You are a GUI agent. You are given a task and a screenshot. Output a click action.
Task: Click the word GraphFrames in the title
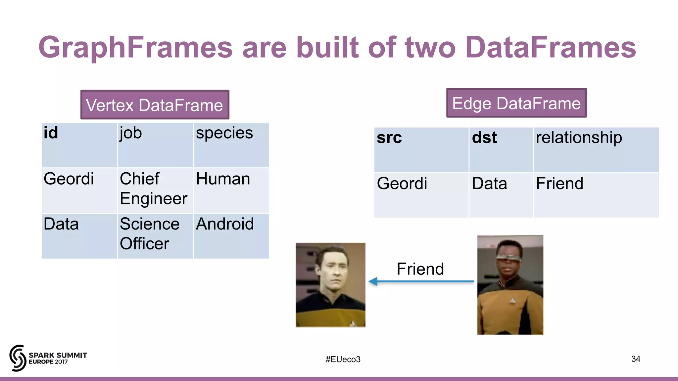(136, 47)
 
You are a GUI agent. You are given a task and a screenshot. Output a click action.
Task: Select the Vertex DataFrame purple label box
(155, 105)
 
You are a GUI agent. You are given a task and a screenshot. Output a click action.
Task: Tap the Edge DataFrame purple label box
(516, 103)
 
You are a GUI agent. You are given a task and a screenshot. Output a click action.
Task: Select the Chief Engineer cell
(153, 189)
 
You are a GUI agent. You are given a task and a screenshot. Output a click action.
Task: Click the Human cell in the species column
(223, 179)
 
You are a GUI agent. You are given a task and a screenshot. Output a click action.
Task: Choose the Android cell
(225, 224)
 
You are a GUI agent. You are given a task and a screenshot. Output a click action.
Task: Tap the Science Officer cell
(149, 234)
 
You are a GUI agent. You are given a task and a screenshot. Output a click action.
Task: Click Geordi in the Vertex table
(69, 179)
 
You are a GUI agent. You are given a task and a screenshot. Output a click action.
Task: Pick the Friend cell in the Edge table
(559, 184)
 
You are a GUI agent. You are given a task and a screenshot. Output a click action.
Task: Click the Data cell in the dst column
(489, 184)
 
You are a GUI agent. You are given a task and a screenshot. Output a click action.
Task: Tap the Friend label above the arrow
(420, 269)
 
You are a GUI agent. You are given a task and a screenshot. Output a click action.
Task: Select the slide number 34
(636, 359)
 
